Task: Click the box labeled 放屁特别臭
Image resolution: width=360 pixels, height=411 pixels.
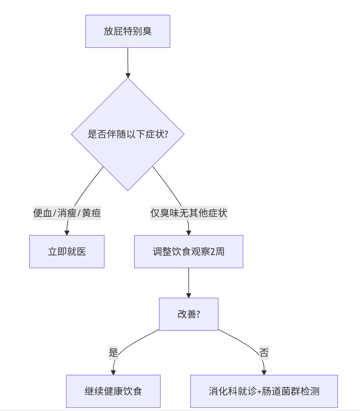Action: (x=128, y=31)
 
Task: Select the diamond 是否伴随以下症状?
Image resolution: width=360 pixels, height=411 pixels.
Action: (x=128, y=134)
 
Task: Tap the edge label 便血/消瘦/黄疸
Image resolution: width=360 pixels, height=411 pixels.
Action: (x=67, y=213)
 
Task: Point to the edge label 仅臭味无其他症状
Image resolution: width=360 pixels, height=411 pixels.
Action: (x=189, y=213)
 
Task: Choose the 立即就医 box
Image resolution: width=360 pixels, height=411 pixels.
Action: (x=67, y=252)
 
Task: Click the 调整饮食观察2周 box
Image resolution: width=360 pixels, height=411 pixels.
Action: (x=189, y=252)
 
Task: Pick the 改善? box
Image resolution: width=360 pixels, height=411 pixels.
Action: (x=189, y=314)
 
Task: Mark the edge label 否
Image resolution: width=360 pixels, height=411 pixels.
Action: (x=264, y=353)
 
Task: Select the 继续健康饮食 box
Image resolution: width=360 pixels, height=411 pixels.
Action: (x=113, y=391)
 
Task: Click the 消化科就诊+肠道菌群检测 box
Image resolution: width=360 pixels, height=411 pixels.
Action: (x=264, y=391)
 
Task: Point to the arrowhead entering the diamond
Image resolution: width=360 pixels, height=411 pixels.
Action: (x=128, y=75)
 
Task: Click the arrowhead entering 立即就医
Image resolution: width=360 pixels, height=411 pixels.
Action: (x=67, y=233)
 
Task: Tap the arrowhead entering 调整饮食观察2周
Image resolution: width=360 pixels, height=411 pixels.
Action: (x=189, y=233)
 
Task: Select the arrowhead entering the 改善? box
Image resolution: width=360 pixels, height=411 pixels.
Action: (x=189, y=295)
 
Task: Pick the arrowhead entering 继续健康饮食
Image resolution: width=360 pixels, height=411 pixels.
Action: (x=113, y=372)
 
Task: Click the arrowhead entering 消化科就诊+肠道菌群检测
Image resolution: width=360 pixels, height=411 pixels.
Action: (x=264, y=372)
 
